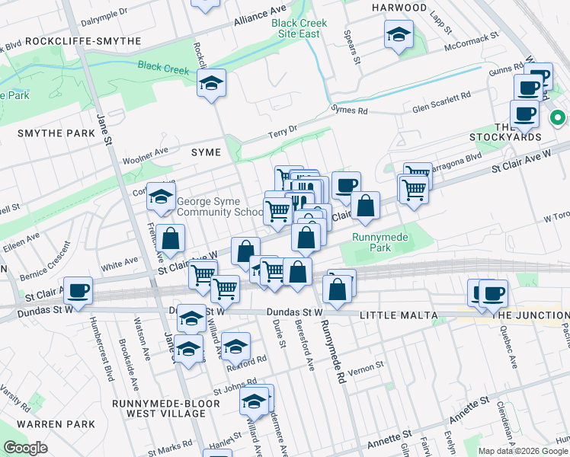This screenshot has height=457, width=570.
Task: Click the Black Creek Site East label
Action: pos(299,28)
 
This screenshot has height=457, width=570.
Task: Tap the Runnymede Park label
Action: pos(380,242)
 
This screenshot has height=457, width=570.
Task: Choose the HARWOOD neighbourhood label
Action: pos(399,8)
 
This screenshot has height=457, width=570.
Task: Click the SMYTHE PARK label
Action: pos(57,133)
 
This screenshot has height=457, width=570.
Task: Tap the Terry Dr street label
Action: pos(282,133)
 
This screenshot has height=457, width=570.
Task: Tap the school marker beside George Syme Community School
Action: pos(161,198)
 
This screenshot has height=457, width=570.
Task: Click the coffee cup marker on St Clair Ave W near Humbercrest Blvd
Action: pos(78,291)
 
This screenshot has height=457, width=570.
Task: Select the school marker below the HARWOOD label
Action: pos(398,34)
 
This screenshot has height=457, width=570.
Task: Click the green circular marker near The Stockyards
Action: pos(557,118)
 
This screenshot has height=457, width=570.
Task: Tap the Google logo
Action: pos(26,449)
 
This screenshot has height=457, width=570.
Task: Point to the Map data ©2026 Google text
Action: pos(523,451)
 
